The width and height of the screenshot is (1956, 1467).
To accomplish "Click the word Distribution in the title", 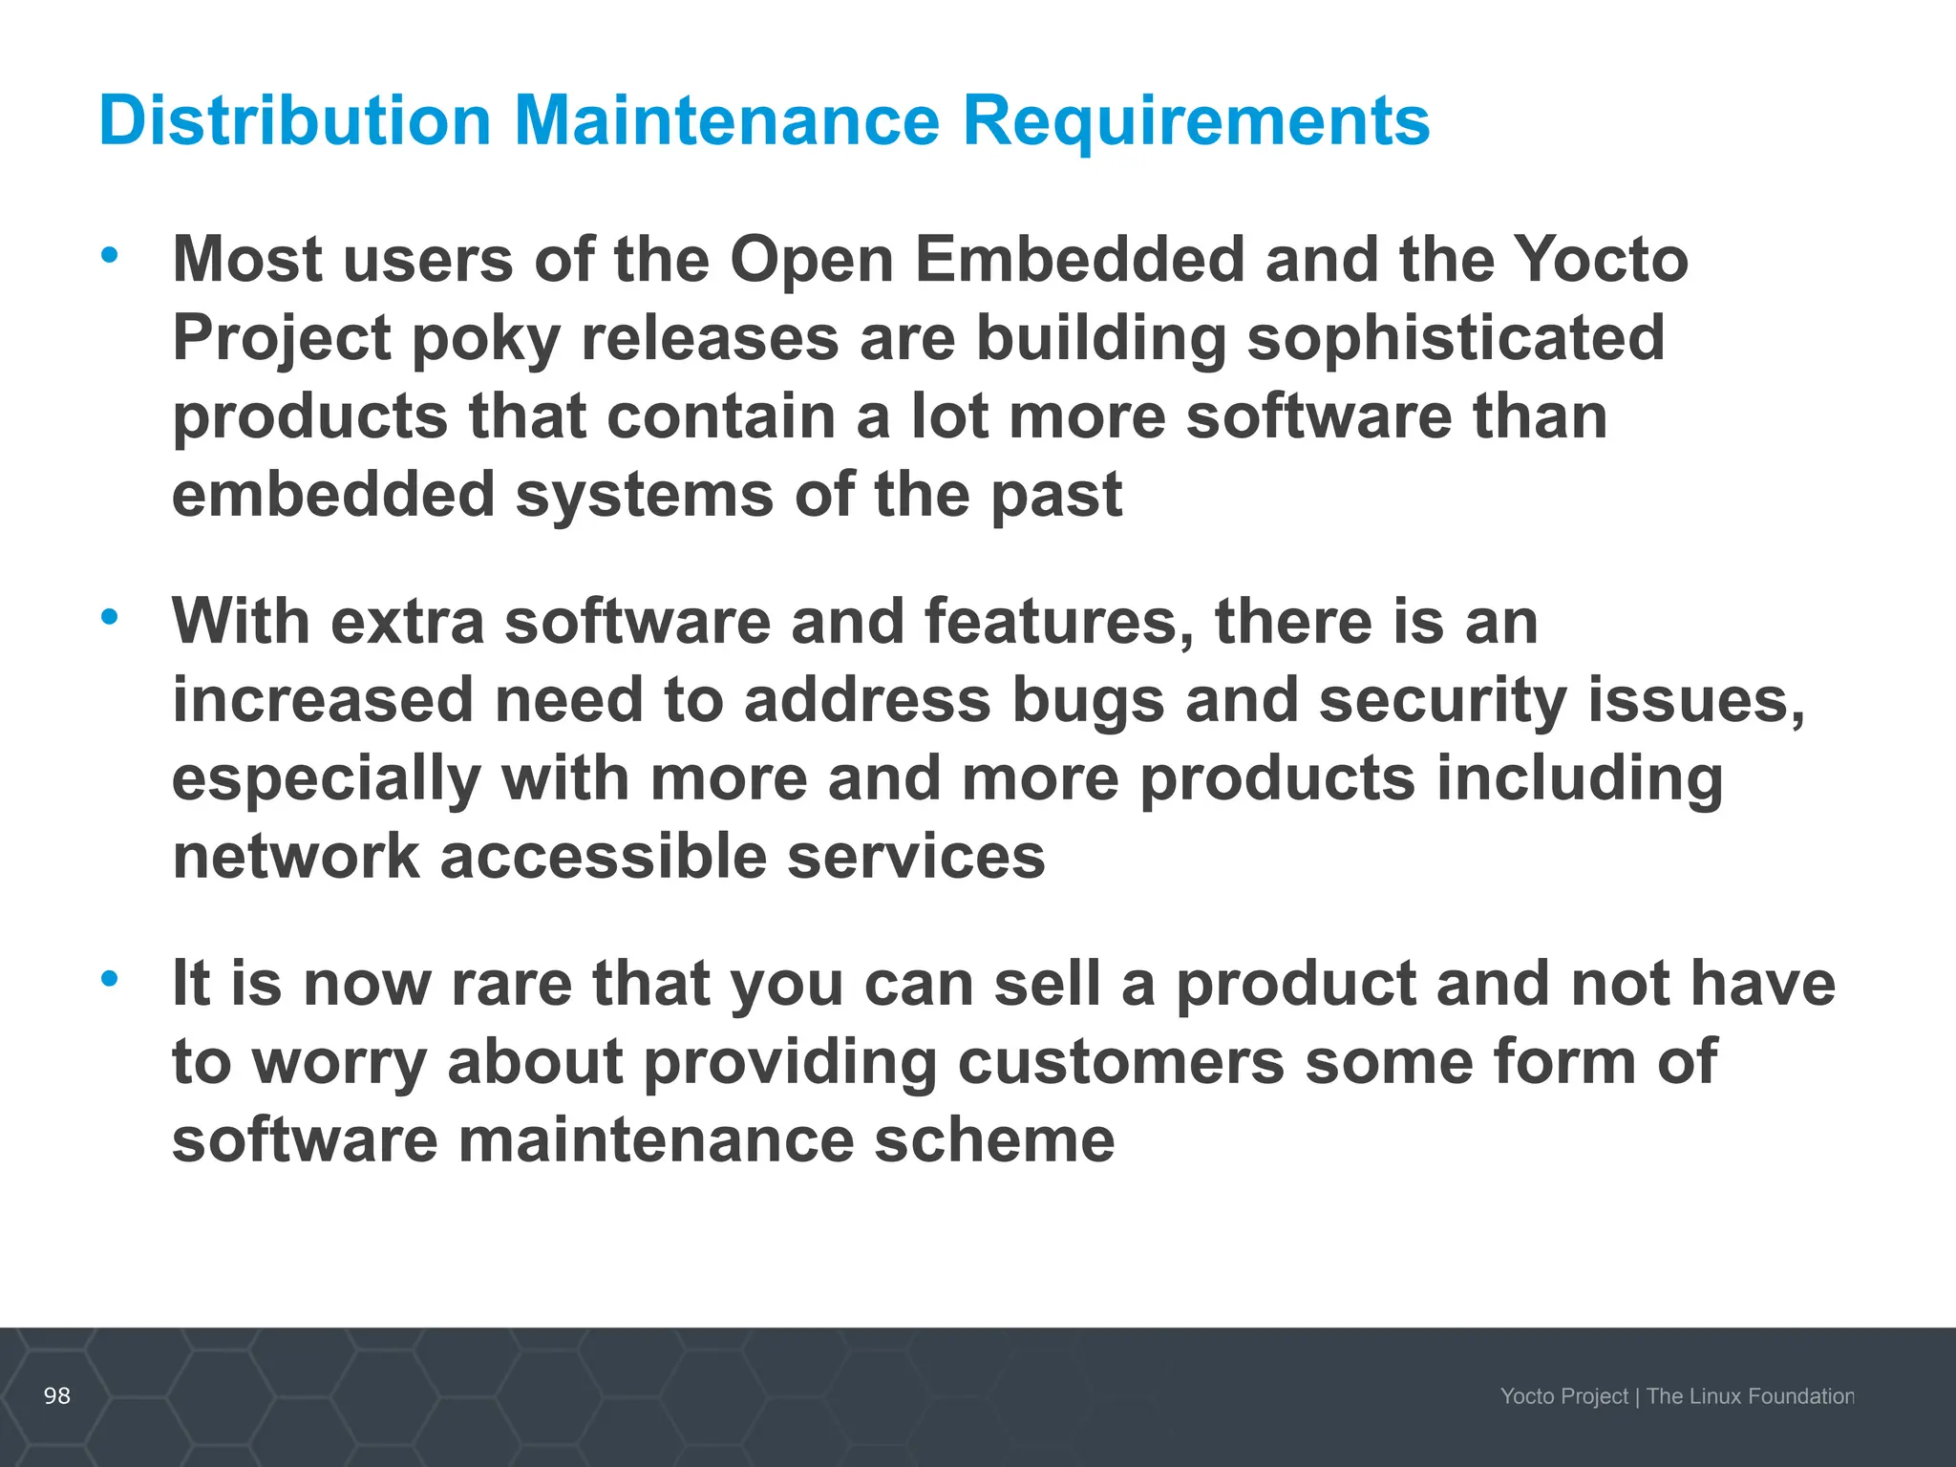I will click(x=294, y=121).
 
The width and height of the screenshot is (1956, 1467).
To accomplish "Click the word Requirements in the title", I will click(x=1196, y=121).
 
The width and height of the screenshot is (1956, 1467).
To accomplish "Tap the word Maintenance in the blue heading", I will click(x=727, y=121).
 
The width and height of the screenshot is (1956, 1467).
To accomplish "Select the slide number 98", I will click(x=57, y=1395).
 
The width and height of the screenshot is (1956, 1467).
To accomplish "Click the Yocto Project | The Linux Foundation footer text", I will click(x=1676, y=1396).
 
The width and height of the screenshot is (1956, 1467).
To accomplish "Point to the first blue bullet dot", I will click(x=110, y=254).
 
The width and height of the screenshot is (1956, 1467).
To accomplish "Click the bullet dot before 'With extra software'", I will click(x=110, y=616).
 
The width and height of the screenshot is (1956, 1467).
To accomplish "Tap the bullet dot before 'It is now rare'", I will click(x=110, y=978).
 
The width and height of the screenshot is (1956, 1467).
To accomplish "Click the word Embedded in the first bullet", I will click(x=1080, y=260).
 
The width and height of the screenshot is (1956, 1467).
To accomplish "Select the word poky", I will click(x=485, y=340).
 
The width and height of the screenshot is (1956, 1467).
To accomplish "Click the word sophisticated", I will click(x=1456, y=338).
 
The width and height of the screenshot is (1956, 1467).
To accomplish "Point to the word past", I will click(x=1055, y=496).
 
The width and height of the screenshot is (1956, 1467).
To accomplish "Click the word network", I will click(x=296, y=856).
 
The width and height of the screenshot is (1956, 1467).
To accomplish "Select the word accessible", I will click(x=603, y=856).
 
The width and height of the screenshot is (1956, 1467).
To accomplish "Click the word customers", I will click(x=1120, y=1062).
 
